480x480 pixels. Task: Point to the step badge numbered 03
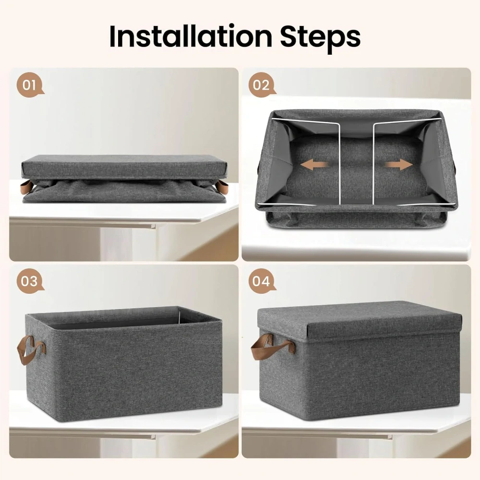point(30,280)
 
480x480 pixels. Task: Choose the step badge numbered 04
point(262,280)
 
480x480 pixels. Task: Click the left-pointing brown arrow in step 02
point(313,165)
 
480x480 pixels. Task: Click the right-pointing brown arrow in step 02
point(399,165)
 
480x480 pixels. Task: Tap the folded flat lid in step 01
point(125,167)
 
